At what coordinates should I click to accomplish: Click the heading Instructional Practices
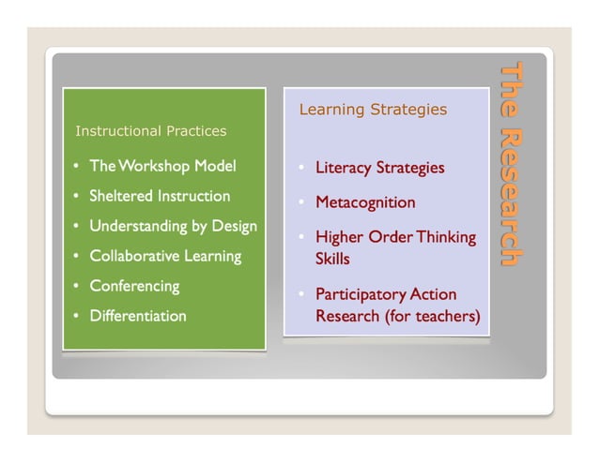coord(150,131)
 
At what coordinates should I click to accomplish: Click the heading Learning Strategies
coord(373,110)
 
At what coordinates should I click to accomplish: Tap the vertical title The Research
coord(511,164)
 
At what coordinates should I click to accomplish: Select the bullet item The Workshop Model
coord(162,167)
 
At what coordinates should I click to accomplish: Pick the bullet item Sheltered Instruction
coord(160,197)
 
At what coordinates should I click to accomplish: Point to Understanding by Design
coord(173,227)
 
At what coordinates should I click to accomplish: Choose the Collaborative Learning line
coord(165,256)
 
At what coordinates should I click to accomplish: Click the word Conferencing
coord(134,286)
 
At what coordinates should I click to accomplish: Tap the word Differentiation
coord(138,316)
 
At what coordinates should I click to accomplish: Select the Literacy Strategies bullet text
coord(379,169)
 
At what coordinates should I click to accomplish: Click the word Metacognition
coord(365,202)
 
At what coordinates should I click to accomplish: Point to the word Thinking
coord(446,238)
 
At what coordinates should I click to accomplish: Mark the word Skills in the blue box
coord(332,258)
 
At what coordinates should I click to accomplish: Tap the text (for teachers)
coord(433,317)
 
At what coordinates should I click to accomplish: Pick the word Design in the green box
coord(234,227)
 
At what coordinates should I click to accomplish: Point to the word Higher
coord(338,238)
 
